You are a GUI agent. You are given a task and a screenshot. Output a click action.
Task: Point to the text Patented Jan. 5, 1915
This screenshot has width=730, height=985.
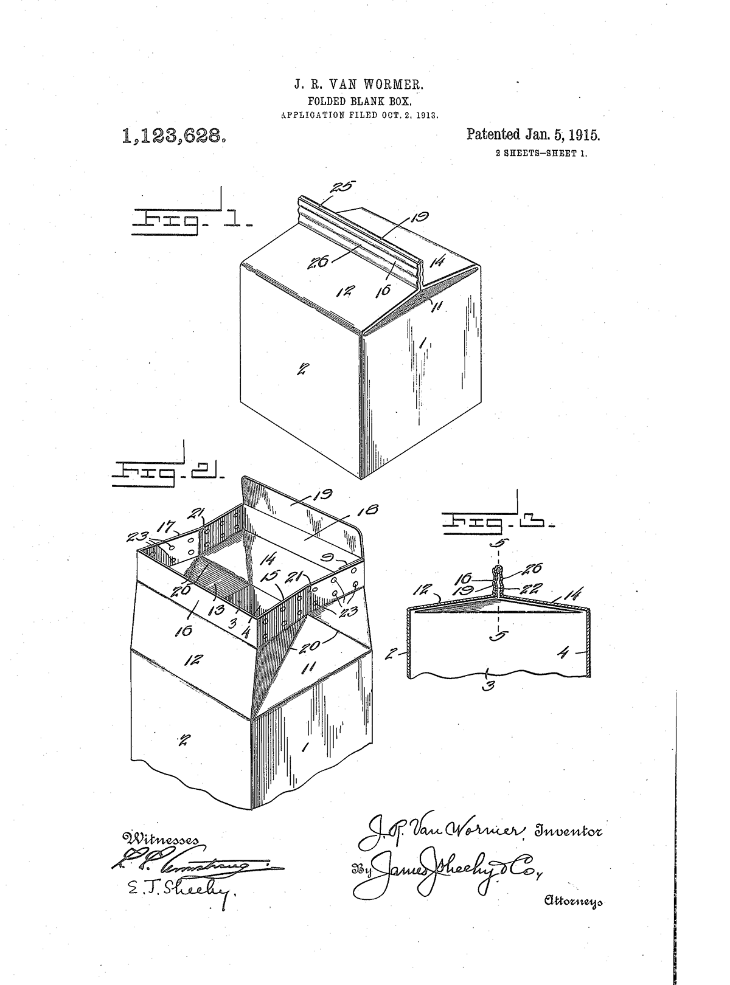pos(533,135)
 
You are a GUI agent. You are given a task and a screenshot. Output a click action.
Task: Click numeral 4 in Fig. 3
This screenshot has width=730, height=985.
pos(563,655)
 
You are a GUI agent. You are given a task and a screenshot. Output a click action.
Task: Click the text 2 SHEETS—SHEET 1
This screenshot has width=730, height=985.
pos(541,154)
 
